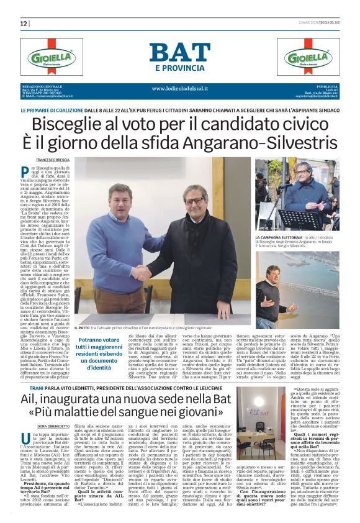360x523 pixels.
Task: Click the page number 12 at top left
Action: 24,24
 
